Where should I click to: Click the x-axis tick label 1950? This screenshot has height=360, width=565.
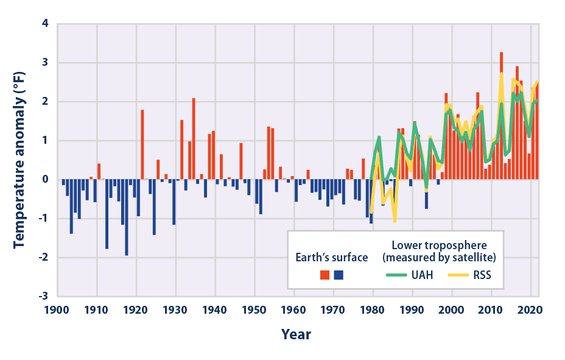(254, 310)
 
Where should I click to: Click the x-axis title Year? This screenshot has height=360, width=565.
(296, 334)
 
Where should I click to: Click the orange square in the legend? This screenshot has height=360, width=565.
(325, 275)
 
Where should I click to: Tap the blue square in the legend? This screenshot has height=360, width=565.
(339, 275)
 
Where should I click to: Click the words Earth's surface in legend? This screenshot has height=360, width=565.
(332, 257)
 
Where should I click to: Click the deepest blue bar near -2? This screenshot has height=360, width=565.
(127, 217)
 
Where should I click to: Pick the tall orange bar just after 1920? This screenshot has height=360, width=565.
(142, 144)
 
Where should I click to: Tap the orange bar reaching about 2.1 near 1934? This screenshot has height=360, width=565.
(194, 139)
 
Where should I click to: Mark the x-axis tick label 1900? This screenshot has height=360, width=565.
(57, 310)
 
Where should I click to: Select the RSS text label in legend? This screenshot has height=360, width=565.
(482, 275)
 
